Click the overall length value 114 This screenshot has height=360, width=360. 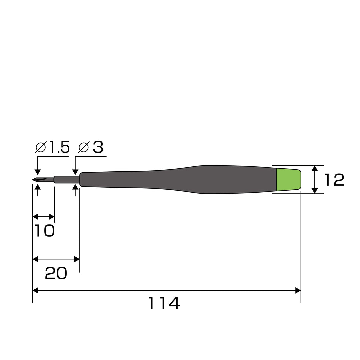(164, 303)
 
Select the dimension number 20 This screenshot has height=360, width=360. (56, 273)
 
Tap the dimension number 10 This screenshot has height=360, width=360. (45, 231)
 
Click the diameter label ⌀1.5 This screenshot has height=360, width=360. (52, 147)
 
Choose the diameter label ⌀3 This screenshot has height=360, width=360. (91, 147)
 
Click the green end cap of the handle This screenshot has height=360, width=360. (289, 180)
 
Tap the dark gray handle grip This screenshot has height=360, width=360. (178, 180)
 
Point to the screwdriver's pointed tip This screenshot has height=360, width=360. (33, 180)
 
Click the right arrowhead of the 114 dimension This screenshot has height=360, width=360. (298, 290)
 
